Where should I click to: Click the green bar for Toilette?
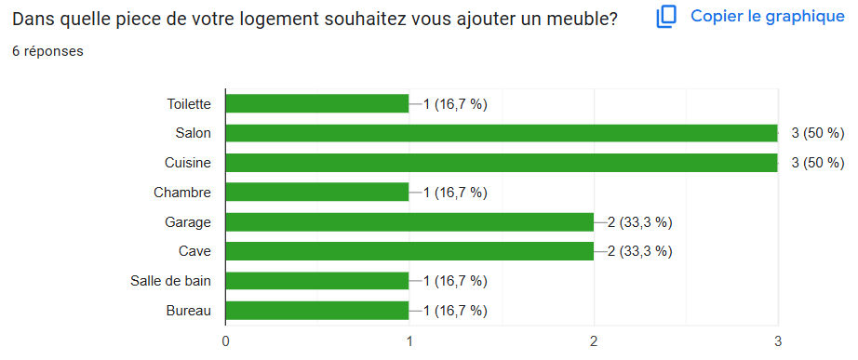coord(316,103)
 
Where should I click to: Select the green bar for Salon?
coord(501,133)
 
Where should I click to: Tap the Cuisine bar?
coord(501,163)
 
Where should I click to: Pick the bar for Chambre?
coord(316,193)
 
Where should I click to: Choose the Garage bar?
coord(409,222)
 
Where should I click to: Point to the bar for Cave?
coord(409,251)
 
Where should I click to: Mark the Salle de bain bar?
coord(316,281)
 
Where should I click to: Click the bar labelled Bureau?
coord(316,311)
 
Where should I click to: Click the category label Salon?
coord(193,133)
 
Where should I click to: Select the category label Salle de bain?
coord(170,281)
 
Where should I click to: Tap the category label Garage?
coord(189,222)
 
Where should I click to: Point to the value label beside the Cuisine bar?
coord(817,163)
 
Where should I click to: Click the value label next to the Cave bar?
coord(639,251)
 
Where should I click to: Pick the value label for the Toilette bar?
coord(455,103)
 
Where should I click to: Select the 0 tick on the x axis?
coord(225,340)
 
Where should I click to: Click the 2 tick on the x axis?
coord(594,340)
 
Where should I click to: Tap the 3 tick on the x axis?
coord(778,340)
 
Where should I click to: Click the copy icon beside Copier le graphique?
coord(666,17)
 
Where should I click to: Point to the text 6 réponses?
coord(47,51)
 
